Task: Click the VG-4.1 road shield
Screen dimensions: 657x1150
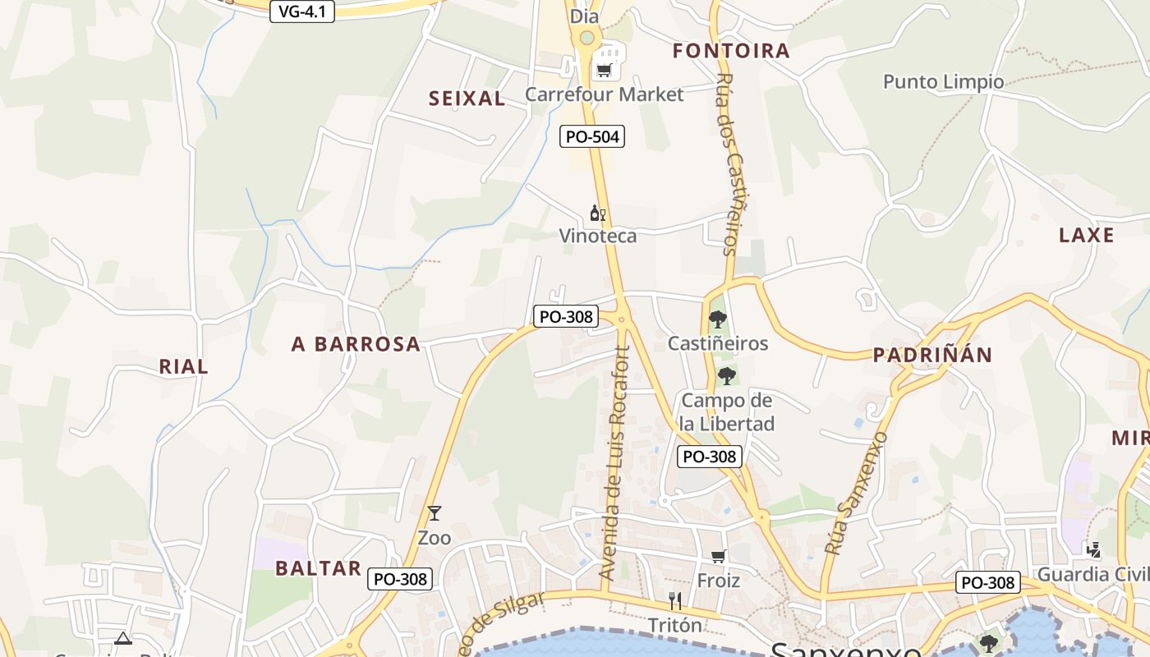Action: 302,11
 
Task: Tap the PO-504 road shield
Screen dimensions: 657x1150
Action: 592,136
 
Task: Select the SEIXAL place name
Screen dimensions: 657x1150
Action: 467,99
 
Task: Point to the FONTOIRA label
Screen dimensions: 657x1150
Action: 731,51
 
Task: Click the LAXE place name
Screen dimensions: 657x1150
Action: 1086,235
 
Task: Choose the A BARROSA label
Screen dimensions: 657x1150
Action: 356,344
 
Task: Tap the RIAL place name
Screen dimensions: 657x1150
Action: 184,367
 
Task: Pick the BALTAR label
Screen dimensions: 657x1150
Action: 318,568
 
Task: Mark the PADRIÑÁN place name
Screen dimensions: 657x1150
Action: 932,355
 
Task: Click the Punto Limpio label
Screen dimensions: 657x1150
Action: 943,81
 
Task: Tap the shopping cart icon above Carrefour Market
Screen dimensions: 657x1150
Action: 605,71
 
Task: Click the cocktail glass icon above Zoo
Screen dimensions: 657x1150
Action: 435,513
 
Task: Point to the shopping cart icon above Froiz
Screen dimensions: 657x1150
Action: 719,557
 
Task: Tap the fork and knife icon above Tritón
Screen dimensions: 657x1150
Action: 675,601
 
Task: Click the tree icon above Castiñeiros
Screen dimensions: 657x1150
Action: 717,319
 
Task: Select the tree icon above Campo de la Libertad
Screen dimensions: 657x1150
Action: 726,376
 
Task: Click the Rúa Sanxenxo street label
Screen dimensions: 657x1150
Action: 856,493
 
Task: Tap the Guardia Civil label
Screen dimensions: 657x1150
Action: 1092,573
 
